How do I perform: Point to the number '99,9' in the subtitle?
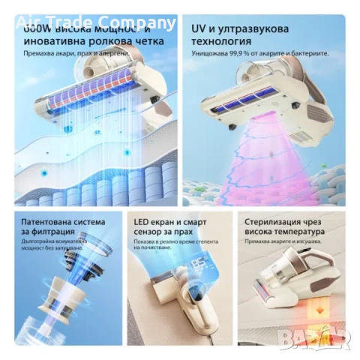pos(241,54)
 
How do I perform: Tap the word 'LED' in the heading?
pos(140,222)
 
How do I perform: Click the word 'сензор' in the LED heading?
pos(148,234)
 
